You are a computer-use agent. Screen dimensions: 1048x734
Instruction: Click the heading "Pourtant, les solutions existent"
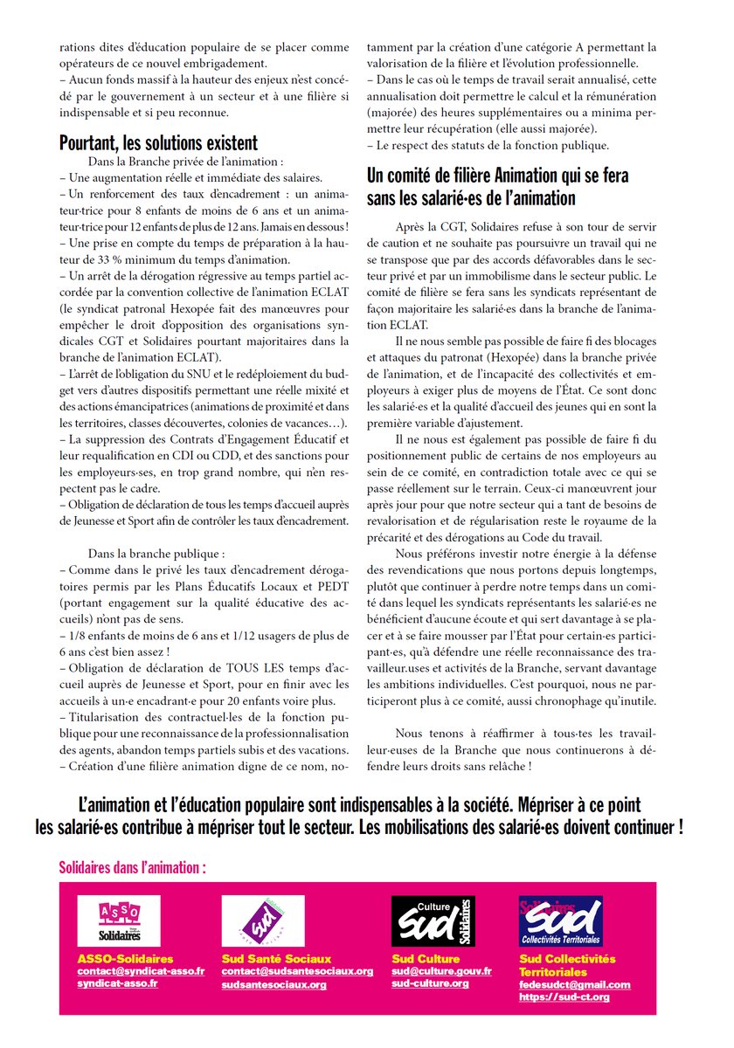[158, 142]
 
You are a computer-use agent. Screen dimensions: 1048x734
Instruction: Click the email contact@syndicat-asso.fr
[141, 971]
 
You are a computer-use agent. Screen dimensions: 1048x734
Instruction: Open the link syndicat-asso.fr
[118, 983]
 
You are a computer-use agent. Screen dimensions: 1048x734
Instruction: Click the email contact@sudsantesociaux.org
[297, 971]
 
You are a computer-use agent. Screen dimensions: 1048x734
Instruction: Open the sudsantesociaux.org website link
[274, 984]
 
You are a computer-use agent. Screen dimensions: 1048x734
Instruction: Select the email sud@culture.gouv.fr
[441, 971]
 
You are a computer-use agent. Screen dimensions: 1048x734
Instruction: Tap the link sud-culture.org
[430, 983]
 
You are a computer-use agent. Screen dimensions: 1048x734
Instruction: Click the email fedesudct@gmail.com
[574, 985]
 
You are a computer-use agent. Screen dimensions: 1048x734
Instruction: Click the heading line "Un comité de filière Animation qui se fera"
[497, 176]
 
